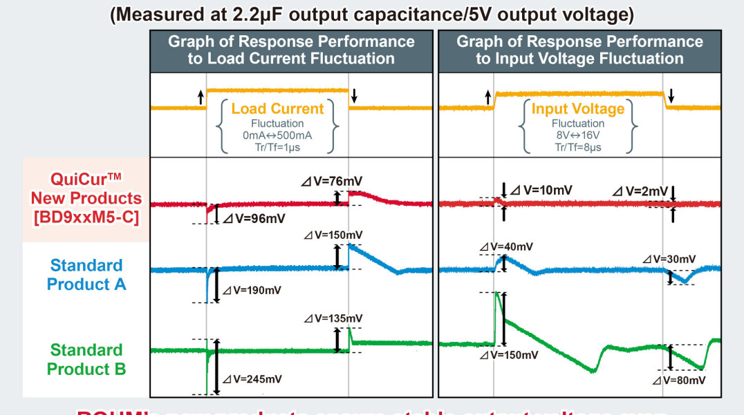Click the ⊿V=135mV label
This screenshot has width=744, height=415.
pyautogui.click(x=334, y=318)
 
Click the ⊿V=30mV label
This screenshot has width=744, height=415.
pyautogui.click(x=669, y=259)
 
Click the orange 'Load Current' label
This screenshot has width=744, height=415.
pyautogui.click(x=277, y=108)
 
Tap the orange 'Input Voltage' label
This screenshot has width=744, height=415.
pyautogui.click(x=578, y=108)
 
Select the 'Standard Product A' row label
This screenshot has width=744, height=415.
pyautogui.click(x=86, y=274)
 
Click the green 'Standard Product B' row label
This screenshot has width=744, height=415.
pyautogui.click(x=86, y=360)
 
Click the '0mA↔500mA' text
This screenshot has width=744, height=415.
pyautogui.click(x=277, y=136)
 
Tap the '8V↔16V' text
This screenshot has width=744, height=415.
pyautogui.click(x=578, y=136)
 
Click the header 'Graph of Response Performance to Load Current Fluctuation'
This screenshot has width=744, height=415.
pyautogui.click(x=291, y=50)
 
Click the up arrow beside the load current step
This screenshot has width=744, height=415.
pyautogui.click(x=201, y=97)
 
